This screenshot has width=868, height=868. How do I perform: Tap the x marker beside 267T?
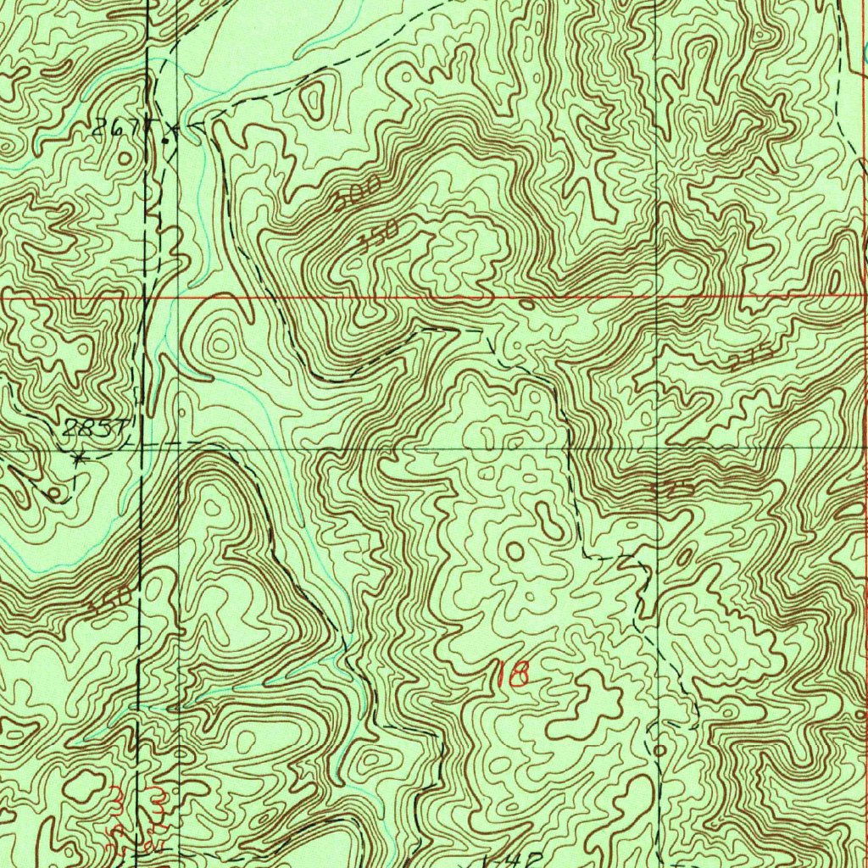(x=174, y=129)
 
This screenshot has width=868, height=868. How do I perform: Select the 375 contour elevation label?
(x=676, y=490)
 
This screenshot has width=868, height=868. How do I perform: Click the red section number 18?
(x=514, y=674)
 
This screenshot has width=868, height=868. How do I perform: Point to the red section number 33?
(x=133, y=800)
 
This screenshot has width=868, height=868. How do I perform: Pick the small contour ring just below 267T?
(x=125, y=158)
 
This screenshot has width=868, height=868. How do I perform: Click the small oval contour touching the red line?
(x=526, y=302)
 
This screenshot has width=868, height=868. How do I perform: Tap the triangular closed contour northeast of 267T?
(x=315, y=100)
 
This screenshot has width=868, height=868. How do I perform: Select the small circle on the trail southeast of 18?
(x=659, y=750)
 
